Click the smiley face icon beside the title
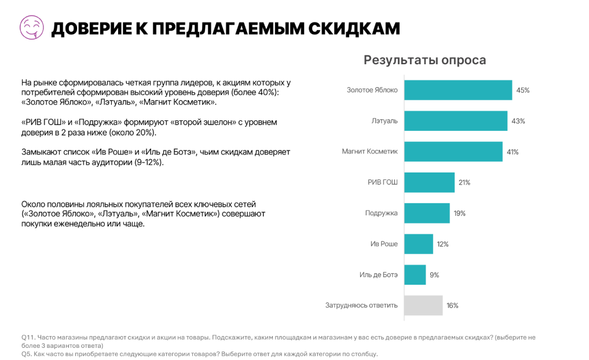[31, 27]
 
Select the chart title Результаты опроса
[425, 60]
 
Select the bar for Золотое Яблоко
[458, 90]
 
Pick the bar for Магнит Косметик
[453, 152]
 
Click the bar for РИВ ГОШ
[429, 182]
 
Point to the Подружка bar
[426, 213]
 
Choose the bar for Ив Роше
[418, 244]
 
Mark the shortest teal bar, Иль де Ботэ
[415, 274]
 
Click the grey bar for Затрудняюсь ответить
[423, 305]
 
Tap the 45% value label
[523, 90]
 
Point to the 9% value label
[434, 274]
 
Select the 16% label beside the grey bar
[452, 305]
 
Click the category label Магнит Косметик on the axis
[370, 152]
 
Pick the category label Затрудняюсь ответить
[361, 305]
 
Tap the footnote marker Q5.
[27, 354]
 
